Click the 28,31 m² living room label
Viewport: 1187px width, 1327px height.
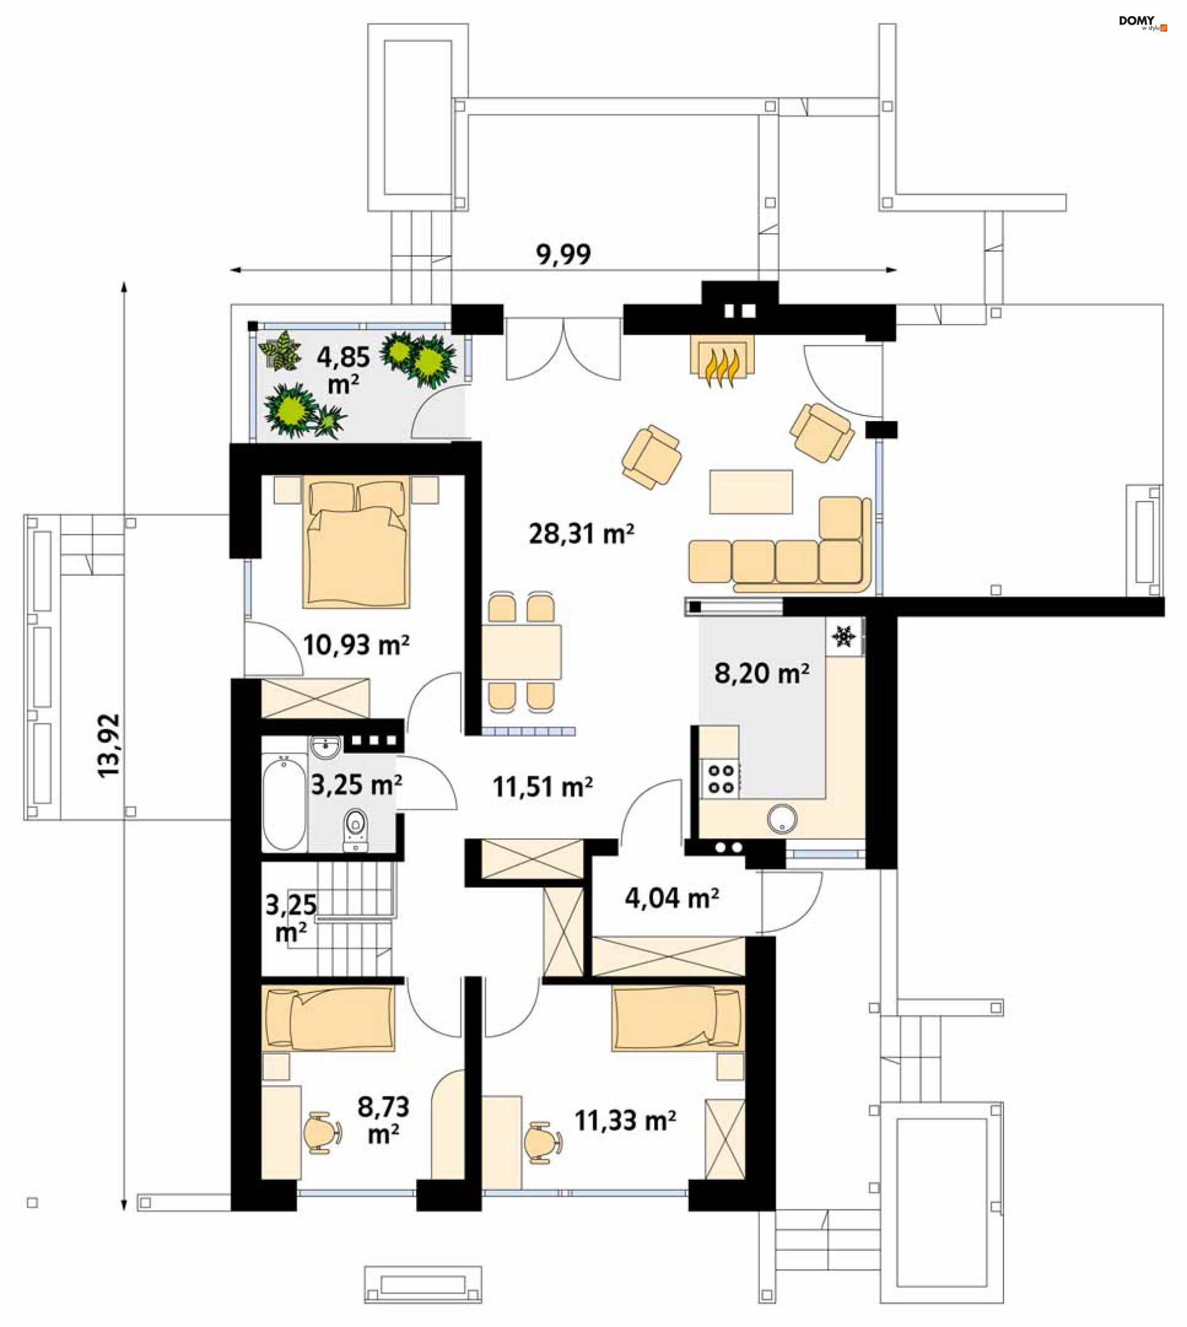(x=581, y=534)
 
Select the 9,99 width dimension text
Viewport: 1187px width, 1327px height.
(x=563, y=254)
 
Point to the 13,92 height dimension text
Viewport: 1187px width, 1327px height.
(x=109, y=746)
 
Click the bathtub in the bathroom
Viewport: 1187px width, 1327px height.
(x=284, y=803)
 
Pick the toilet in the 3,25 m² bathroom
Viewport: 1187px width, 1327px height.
(x=355, y=830)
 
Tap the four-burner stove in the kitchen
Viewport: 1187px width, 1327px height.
(x=720, y=779)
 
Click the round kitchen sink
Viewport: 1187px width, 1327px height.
(x=782, y=819)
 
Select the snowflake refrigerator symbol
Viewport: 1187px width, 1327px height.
(x=843, y=636)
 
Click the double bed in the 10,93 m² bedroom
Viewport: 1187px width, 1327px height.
(x=356, y=542)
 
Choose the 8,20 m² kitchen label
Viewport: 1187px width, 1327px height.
(x=762, y=673)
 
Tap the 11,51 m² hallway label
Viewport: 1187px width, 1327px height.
(x=542, y=787)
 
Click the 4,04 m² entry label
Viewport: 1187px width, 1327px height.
(x=672, y=898)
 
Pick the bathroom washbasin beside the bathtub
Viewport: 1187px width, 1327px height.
(x=325, y=747)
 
